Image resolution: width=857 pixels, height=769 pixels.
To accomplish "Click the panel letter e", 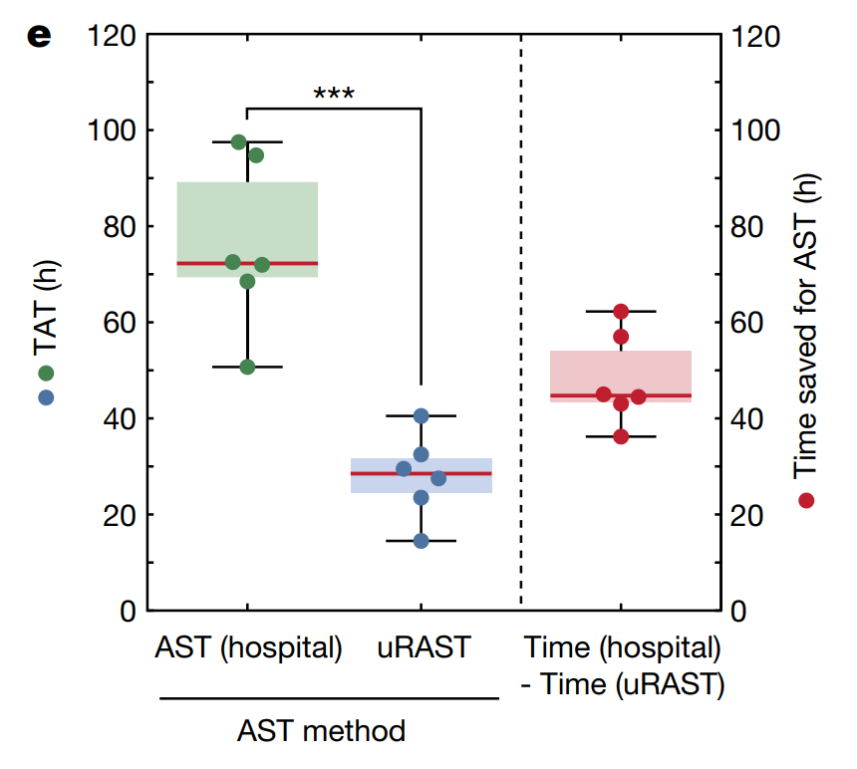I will (x=39, y=37).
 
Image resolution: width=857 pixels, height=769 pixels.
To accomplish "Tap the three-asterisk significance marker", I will (x=334, y=96).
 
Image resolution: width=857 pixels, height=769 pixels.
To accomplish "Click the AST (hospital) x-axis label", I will (x=248, y=647).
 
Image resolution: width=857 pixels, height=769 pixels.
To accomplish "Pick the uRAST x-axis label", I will (x=423, y=647).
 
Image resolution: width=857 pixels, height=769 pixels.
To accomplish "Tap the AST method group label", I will (x=321, y=731).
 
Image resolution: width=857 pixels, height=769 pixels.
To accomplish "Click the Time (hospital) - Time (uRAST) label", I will (x=622, y=665).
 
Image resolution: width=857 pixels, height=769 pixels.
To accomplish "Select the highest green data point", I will (x=239, y=142).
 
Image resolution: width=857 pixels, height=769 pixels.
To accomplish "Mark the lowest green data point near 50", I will (x=247, y=367).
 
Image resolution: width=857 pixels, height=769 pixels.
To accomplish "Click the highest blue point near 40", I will (x=421, y=415).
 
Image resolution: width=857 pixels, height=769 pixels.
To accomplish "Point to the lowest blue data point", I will (x=421, y=541).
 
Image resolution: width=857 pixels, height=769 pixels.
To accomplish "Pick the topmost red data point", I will (x=621, y=312).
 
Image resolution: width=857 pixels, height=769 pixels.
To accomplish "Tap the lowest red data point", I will (x=621, y=436).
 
